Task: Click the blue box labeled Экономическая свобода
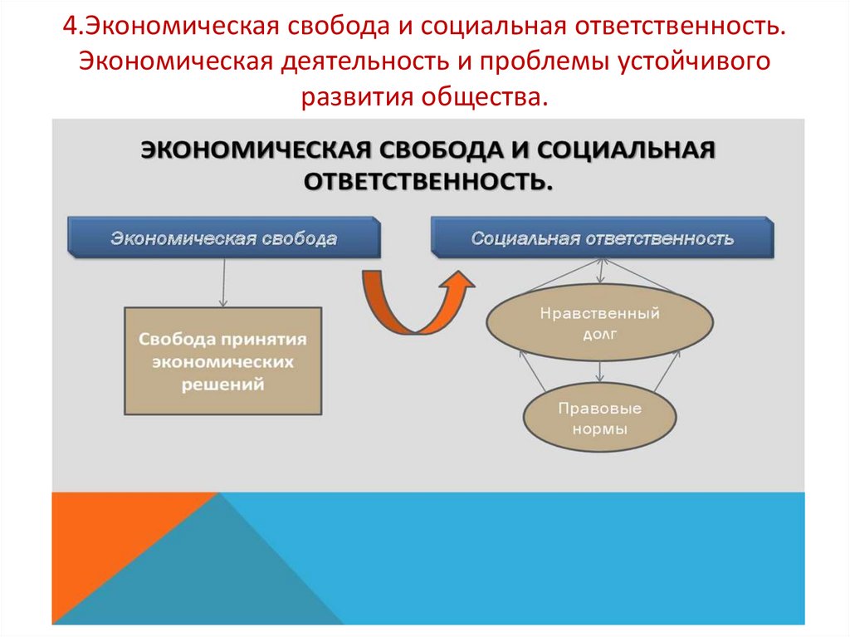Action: (x=224, y=238)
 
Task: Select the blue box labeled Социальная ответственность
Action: (x=602, y=238)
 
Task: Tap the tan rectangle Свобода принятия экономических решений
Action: (x=222, y=362)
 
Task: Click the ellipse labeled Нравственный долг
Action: (x=599, y=325)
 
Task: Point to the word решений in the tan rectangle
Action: (x=222, y=385)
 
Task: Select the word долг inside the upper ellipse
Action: (x=599, y=335)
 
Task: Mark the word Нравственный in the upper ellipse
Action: (x=599, y=314)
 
